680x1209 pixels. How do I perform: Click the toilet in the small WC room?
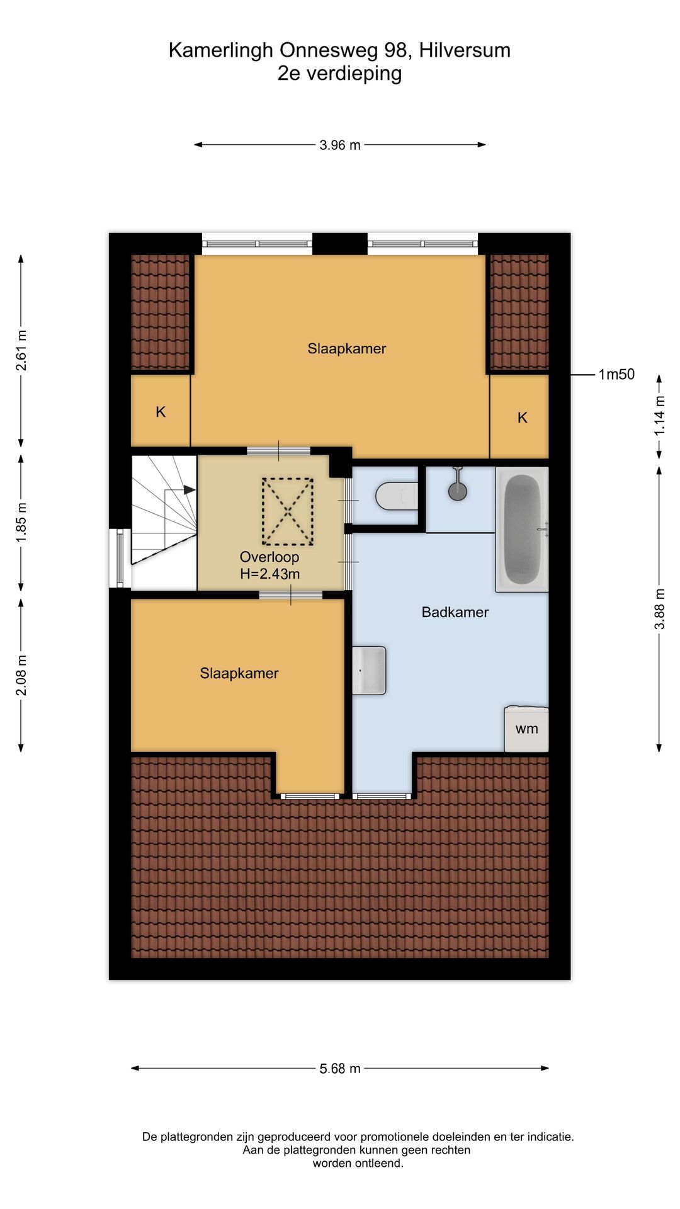click(396, 496)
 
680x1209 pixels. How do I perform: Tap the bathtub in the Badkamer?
click(522, 529)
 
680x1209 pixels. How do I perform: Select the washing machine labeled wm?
click(526, 729)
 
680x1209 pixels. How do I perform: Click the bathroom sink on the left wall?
click(369, 670)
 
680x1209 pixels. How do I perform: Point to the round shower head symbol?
click(458, 491)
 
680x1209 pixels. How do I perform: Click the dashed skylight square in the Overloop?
click(288, 511)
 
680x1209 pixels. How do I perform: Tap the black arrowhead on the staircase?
click(190, 489)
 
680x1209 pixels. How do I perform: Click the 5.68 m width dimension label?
click(340, 1069)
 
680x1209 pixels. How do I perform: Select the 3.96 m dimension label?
click(340, 145)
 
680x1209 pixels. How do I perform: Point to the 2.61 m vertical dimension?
click(21, 350)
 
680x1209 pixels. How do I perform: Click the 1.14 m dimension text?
click(659, 416)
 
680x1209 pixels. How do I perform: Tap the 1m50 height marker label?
click(616, 375)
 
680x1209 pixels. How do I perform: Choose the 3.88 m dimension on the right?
click(659, 609)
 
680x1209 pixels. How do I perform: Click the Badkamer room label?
click(455, 612)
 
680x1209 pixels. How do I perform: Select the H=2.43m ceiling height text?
click(270, 574)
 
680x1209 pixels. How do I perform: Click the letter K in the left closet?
click(161, 412)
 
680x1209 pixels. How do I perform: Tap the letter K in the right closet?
click(522, 417)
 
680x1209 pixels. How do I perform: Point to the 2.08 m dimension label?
click(21, 676)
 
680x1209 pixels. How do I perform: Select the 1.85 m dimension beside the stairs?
click(21, 523)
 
